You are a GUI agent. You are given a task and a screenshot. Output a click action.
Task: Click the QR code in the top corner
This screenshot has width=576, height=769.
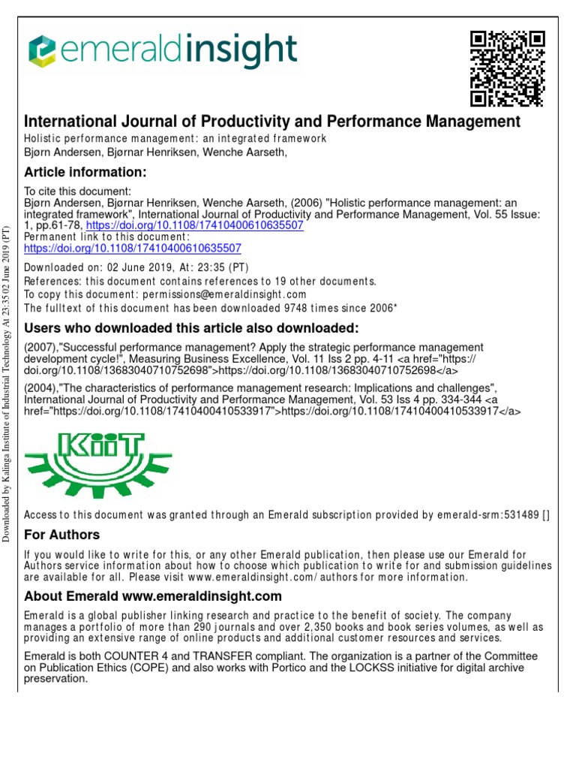point(506,68)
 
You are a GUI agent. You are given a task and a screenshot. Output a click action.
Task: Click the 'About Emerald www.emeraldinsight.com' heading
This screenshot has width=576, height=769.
point(153,596)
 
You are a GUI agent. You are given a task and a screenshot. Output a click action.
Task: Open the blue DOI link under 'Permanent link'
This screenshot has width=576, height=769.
point(133,247)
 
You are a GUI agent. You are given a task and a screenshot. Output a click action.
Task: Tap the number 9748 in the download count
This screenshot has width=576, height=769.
point(262,308)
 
